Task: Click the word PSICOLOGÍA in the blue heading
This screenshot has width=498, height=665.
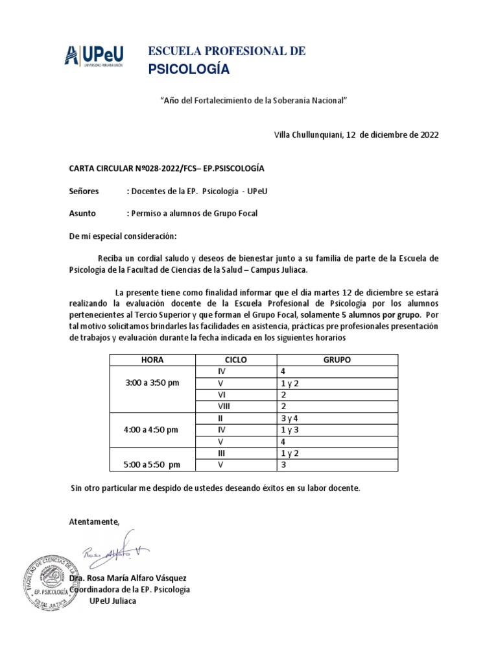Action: pos(189,70)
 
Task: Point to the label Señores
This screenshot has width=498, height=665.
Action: pos(84,192)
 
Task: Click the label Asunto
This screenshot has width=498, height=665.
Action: pos(82,214)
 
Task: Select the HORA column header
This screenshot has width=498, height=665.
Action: pos(152,359)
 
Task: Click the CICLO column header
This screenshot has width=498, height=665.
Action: pos(235,359)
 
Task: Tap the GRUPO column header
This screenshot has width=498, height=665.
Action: pos(337,359)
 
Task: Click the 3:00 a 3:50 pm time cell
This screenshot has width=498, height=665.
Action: pos(152,383)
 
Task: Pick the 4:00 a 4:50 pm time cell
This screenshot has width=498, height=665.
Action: pos(152,430)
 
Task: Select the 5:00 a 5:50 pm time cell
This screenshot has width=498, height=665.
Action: pos(152,465)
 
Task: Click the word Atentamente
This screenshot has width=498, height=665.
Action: pos(95,521)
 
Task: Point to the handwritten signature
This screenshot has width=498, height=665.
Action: pos(117,551)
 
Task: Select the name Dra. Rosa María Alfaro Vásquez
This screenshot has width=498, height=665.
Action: pos(128,578)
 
